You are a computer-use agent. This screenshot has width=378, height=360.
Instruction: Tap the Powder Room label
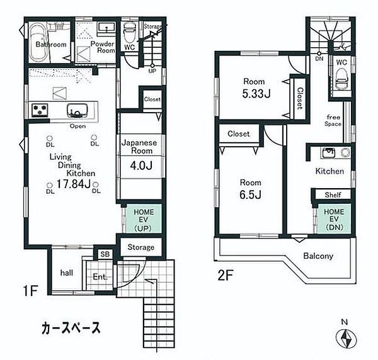[101, 48]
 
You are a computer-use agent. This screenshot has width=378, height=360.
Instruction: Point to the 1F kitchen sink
[76, 111]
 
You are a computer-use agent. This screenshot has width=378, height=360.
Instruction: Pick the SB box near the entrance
[104, 255]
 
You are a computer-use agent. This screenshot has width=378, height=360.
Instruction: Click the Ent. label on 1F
[100, 276]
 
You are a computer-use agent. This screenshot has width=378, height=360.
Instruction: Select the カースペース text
[71, 328]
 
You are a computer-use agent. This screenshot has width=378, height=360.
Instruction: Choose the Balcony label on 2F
[318, 256]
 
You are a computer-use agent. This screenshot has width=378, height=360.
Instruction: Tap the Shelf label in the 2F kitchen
[333, 195]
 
